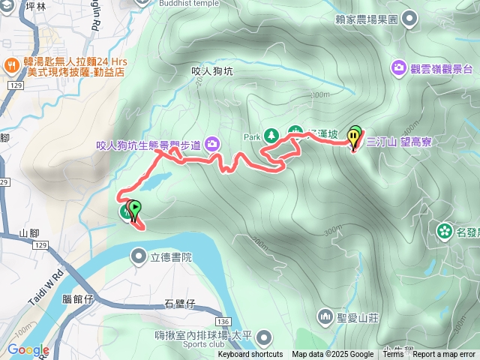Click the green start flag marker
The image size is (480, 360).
point(134,208)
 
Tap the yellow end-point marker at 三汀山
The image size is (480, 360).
point(354,137)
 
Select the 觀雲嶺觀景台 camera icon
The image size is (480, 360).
point(397,68)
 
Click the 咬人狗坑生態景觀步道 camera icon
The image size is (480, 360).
point(213,143)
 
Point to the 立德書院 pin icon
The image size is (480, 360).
point(139,257)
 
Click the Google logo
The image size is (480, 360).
point(28,350)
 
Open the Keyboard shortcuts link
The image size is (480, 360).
point(250,355)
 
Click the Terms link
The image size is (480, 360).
point(392,355)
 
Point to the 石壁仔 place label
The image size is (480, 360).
point(179,304)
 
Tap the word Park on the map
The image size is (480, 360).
point(251,137)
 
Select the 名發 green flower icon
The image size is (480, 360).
point(444,229)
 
